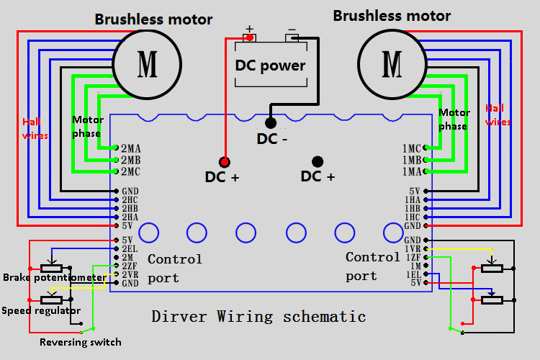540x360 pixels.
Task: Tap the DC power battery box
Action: (x=270, y=66)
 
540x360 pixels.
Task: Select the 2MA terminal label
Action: (x=130, y=148)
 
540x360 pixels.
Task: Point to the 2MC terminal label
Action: (x=130, y=171)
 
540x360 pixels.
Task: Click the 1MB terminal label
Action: (x=412, y=160)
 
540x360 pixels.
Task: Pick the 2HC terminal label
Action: (x=130, y=199)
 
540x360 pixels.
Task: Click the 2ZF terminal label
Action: (x=130, y=266)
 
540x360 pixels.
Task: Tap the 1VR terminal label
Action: (x=413, y=248)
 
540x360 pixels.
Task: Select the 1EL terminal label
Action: (x=413, y=274)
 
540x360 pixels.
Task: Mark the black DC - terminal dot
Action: (x=271, y=123)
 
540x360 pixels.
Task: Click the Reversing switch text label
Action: (x=81, y=342)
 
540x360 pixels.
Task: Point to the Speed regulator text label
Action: (x=41, y=310)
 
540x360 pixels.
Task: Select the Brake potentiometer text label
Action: (x=54, y=277)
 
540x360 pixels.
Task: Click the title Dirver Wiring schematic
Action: (x=258, y=316)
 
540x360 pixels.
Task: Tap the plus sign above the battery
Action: (x=250, y=30)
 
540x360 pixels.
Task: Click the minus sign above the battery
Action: (x=292, y=30)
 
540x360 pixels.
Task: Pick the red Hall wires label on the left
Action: (x=35, y=127)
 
